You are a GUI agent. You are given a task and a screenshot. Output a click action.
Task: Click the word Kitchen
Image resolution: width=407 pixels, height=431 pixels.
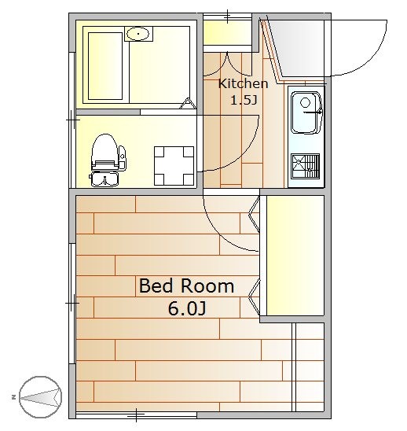243,83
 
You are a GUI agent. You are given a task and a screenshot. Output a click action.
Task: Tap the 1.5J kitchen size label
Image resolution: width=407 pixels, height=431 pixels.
244,101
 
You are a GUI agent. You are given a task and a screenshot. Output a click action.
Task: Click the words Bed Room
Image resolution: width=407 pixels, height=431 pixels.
186,285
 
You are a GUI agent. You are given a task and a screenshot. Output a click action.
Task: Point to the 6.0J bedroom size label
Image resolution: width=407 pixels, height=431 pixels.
187,308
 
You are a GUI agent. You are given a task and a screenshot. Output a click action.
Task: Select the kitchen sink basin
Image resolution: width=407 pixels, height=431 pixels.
306,112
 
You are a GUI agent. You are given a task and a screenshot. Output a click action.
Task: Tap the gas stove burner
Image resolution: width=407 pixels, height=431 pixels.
306,166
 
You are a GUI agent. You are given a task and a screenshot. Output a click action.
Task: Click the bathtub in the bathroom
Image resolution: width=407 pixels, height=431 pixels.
105,66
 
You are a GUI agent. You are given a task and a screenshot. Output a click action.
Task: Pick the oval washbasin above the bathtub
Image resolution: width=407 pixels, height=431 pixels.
138,34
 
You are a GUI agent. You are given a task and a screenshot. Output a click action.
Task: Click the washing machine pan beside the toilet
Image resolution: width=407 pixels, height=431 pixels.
174,166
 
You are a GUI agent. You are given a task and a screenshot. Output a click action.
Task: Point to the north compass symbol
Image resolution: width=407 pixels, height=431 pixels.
40,397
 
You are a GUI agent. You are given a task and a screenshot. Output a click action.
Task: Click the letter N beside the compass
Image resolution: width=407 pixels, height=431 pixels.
13,397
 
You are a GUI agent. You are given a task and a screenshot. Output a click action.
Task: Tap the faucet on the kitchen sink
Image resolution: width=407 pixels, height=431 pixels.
313,112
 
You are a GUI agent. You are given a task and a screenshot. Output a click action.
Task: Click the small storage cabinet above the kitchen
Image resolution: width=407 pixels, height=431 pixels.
227,32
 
